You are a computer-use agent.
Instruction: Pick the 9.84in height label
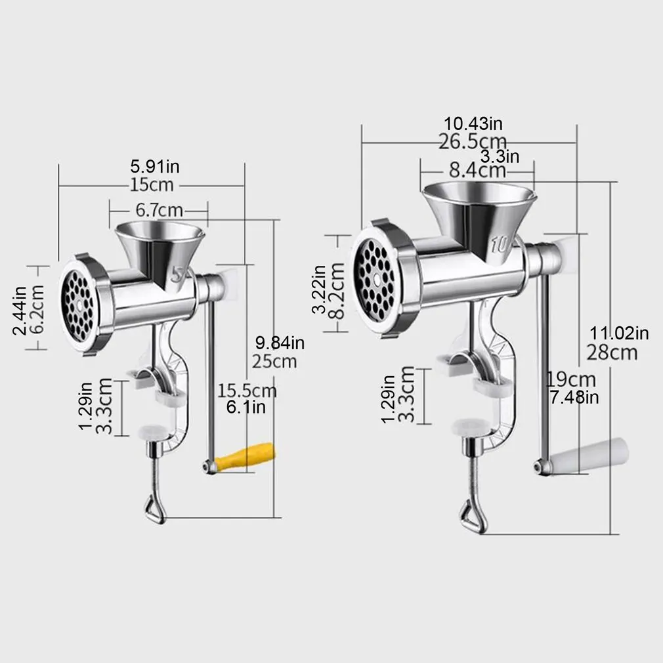point(279,343)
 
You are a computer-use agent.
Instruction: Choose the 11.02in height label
point(618,334)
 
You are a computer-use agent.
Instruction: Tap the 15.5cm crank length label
point(247,391)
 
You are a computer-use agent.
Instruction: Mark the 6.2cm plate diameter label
point(37,308)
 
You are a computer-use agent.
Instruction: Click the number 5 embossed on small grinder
point(177,274)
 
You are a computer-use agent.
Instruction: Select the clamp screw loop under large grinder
point(470,509)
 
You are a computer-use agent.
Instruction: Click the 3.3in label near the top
point(500,156)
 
